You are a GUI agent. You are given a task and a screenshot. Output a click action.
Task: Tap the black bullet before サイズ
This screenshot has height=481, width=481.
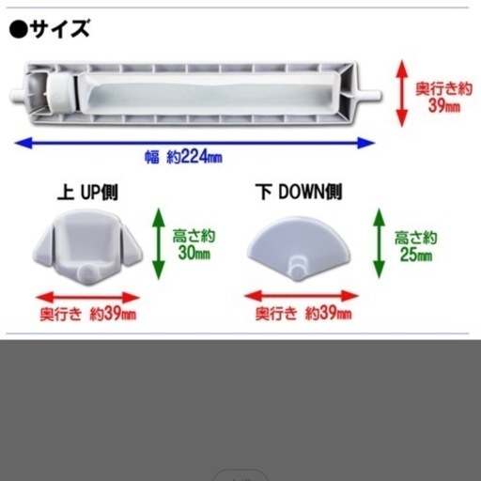pos(19,29)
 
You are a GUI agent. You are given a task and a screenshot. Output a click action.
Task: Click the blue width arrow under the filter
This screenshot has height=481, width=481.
pos(194,143)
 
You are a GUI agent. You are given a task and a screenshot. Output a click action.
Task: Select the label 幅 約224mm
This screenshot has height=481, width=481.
pos(183,156)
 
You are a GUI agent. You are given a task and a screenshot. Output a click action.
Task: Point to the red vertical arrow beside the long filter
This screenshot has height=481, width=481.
pos(402,93)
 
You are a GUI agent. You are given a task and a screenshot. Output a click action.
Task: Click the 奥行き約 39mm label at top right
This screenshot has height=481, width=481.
pos(443,97)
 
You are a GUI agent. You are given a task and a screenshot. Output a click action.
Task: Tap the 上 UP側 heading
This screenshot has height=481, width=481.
pos(87,192)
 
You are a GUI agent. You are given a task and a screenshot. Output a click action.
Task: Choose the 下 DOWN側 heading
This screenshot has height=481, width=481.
pos(299,192)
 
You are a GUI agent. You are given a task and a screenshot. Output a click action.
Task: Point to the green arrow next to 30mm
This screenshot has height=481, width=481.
pos(159,243)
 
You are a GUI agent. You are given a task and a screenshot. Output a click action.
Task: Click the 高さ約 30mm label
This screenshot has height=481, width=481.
pos(194,244)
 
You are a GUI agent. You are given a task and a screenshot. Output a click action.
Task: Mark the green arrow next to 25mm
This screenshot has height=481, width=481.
pos(380,243)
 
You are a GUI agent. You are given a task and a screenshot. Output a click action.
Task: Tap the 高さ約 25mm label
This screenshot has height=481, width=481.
pos(415,246)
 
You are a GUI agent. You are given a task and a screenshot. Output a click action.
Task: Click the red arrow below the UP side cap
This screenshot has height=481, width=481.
pos(87,298)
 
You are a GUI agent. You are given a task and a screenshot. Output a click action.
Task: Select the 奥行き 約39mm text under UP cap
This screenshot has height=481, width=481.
pos(88,314)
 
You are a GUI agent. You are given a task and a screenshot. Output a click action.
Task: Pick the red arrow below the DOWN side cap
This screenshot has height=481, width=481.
pos(302,296)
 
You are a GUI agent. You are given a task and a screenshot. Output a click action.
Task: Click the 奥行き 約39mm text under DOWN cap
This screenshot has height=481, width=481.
pos(303,313)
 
